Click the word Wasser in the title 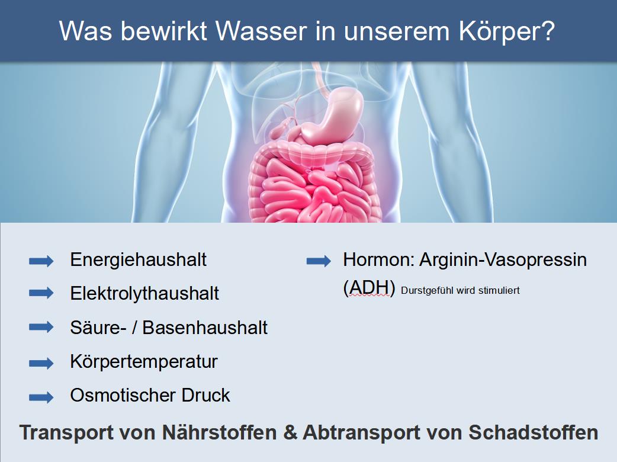point(261,30)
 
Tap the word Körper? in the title point(507,31)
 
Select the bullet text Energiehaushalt point(138,260)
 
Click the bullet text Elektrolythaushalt point(144,294)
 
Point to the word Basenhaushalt point(205,328)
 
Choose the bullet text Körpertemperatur point(144,362)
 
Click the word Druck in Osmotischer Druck point(206,395)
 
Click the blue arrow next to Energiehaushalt point(41,261)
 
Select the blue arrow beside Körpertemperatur point(41,363)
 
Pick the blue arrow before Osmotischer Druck point(41,397)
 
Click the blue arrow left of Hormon point(319,261)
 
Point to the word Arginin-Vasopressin point(503,260)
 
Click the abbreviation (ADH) point(369,288)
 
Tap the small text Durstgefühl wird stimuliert point(461,290)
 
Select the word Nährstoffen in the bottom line point(220,432)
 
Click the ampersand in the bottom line point(290,432)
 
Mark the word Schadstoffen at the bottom point(533,432)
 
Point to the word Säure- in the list point(98,328)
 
